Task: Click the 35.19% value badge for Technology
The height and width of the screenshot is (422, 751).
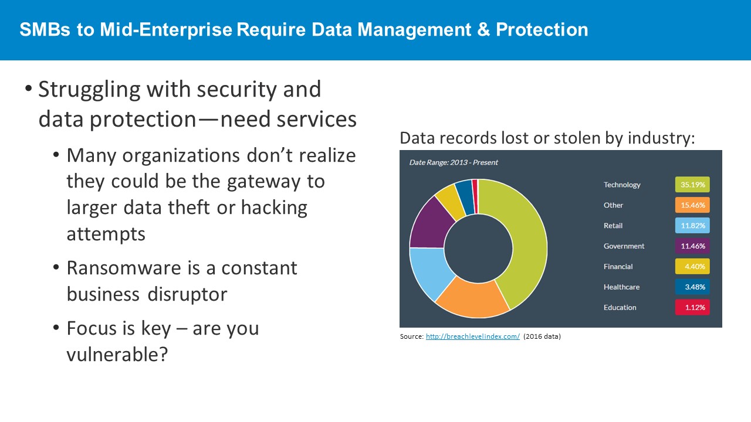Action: tap(692, 185)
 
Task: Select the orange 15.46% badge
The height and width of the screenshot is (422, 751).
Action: tap(692, 205)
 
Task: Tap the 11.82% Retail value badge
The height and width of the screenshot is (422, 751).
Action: tap(692, 226)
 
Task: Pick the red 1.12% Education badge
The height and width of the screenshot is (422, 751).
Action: tap(692, 308)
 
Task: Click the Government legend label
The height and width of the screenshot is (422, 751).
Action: tap(624, 246)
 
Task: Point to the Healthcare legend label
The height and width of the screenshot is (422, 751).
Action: tap(621, 287)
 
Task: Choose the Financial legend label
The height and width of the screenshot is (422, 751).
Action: tap(618, 267)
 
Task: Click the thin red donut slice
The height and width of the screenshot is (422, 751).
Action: tap(475, 196)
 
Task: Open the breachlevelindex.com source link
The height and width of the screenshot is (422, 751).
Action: tap(473, 336)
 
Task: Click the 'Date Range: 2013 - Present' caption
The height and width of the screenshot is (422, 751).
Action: tap(454, 162)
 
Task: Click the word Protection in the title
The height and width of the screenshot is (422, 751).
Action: tap(542, 29)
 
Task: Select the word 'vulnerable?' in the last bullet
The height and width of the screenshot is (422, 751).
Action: tap(117, 355)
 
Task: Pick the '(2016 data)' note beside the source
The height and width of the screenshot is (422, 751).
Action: tap(542, 336)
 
